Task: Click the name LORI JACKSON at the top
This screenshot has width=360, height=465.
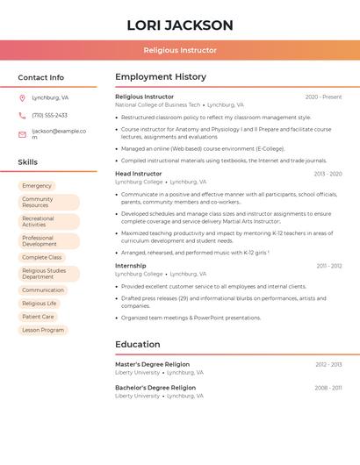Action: point(180,25)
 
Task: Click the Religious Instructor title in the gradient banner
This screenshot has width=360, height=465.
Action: point(180,50)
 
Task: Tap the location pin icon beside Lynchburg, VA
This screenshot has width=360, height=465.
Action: point(22,97)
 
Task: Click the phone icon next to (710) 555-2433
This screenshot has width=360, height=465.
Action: point(22,115)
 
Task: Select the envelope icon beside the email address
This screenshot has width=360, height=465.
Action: point(22,134)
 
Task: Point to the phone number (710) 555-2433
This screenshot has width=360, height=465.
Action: point(49,115)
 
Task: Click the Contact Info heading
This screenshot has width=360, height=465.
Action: point(41,77)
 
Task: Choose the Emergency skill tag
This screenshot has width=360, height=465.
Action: point(37,186)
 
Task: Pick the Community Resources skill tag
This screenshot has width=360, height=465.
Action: point(48,202)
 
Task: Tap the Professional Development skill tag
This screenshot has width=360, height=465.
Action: point(48,241)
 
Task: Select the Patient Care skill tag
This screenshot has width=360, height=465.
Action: point(38,317)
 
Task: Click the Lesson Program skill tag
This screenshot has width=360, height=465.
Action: point(43,330)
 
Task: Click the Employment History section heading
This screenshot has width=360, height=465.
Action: point(161,77)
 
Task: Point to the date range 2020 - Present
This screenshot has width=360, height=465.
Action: point(323,97)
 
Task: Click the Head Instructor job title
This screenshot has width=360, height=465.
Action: point(139,174)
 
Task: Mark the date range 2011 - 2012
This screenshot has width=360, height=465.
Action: point(329,265)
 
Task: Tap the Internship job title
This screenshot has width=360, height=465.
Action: point(131,265)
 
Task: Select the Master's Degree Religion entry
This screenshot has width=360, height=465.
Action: point(152,364)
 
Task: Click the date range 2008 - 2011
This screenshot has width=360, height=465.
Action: point(328,387)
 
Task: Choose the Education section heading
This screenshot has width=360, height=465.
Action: point(139,344)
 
